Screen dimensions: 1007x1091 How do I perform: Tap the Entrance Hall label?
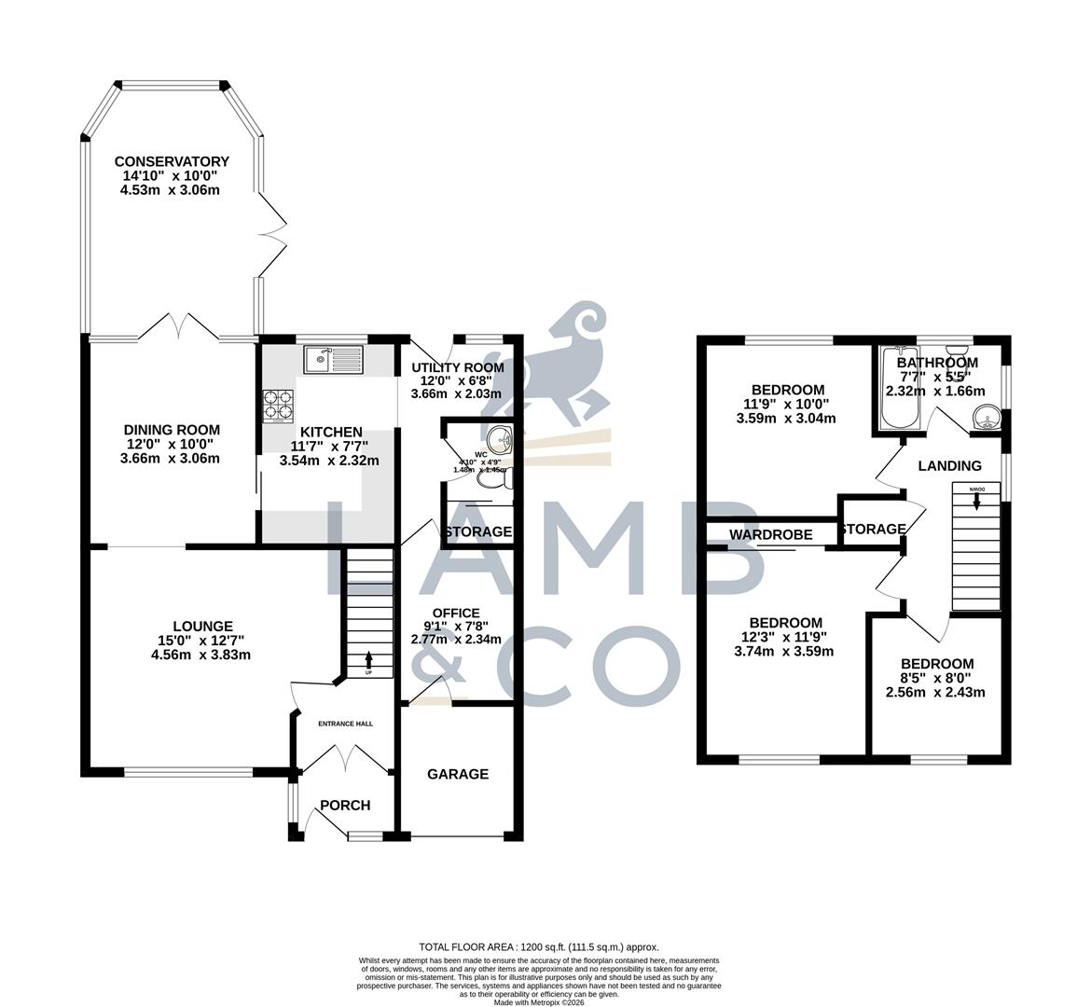pyautogui.click(x=345, y=723)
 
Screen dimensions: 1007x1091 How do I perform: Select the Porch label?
pyautogui.click(x=345, y=806)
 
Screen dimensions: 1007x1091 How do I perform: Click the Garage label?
pyautogui.click(x=458, y=774)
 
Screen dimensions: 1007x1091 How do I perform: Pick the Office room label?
pyautogui.click(x=456, y=613)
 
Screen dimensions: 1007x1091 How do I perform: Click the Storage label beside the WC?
pyautogui.click(x=477, y=531)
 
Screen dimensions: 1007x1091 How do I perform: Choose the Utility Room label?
pyautogui.click(x=457, y=367)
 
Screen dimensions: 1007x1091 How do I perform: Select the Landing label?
pyautogui.click(x=949, y=465)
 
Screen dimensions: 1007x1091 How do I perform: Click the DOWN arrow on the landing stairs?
pyautogui.click(x=976, y=501)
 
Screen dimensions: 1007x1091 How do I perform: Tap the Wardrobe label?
pyautogui.click(x=770, y=534)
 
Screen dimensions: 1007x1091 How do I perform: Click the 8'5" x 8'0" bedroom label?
pyautogui.click(x=935, y=663)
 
